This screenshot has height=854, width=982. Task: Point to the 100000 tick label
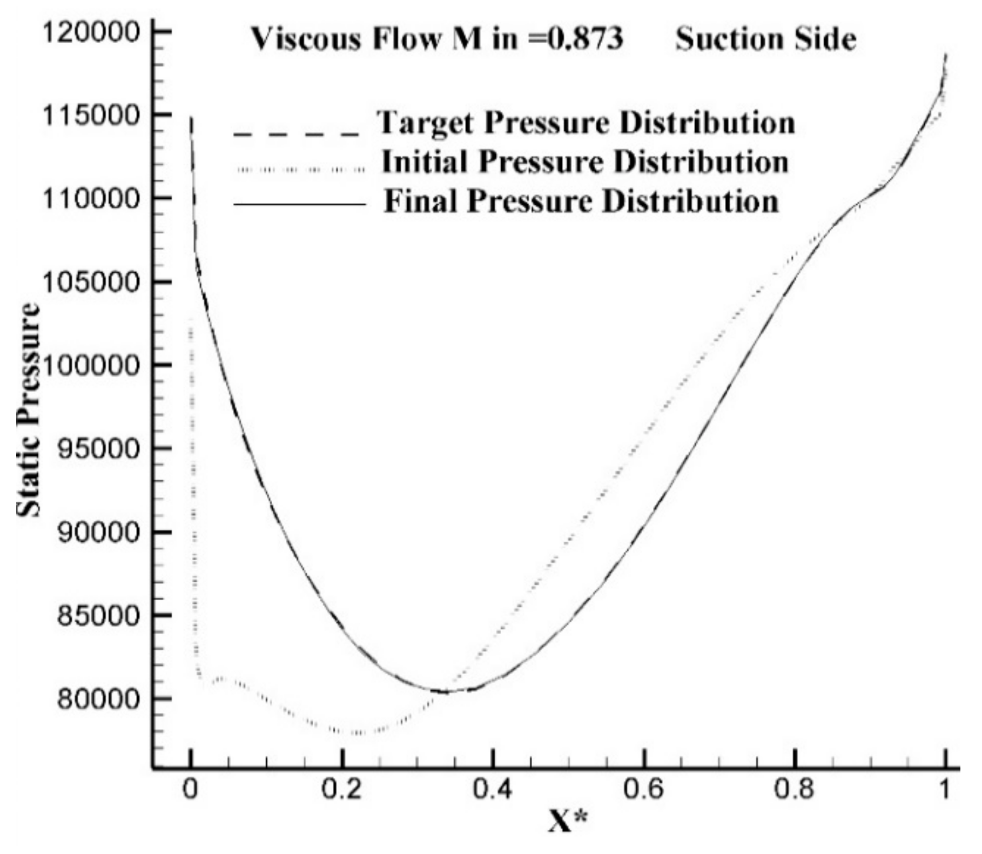coord(91,366)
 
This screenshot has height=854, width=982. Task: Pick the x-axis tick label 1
coord(944,790)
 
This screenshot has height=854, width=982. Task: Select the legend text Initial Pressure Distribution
coord(585,162)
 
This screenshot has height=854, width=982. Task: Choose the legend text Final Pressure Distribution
coord(581,201)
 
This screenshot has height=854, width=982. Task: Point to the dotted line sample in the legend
coord(300,170)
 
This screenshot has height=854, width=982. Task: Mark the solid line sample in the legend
coord(299,204)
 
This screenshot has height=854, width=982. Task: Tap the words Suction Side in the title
coord(766,39)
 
